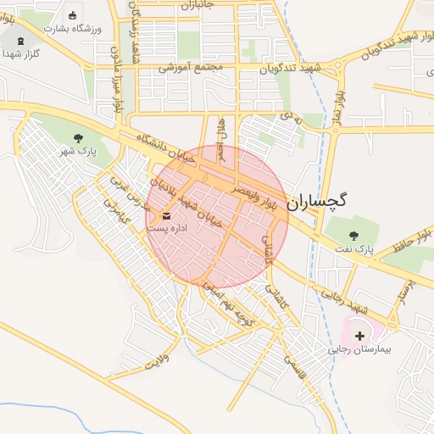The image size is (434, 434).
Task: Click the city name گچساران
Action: pyautogui.click(x=318, y=202)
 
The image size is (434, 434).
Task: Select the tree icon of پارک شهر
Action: pyautogui.click(x=79, y=138)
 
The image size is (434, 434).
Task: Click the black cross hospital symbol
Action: pyautogui.click(x=360, y=337)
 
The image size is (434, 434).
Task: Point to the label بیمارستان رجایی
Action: pyautogui.click(x=360, y=349)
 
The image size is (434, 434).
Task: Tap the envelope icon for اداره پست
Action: pyautogui.click(x=166, y=216)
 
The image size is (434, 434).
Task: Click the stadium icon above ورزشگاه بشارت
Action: pyautogui.click(x=72, y=15)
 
